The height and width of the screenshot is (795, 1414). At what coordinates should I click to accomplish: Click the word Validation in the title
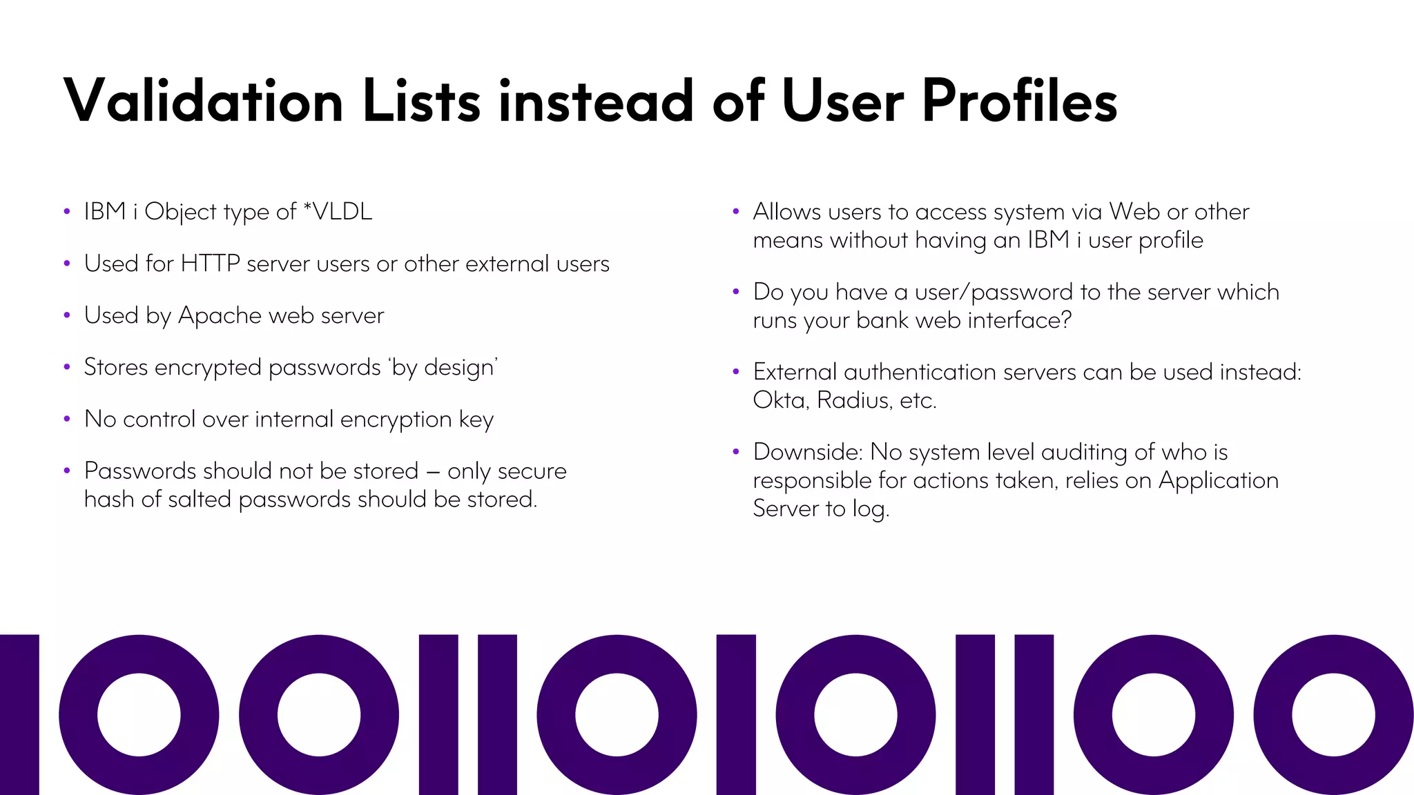[203, 101]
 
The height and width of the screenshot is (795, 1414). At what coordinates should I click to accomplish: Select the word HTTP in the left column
[210, 264]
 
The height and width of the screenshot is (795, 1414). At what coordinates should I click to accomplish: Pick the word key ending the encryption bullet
[476, 420]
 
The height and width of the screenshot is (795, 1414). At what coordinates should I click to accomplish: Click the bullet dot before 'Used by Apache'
[67, 315]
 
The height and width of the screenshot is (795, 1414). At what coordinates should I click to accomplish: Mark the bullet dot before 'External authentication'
[736, 372]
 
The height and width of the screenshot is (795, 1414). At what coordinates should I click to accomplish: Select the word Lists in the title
[421, 101]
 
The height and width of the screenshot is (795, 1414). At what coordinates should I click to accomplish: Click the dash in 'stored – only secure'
[433, 472]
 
